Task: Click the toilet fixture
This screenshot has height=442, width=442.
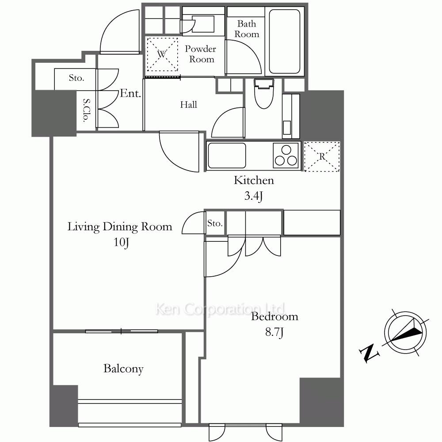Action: (264, 93)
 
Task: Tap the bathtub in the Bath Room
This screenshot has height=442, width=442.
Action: (284, 42)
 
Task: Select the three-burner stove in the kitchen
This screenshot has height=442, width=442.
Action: (286, 156)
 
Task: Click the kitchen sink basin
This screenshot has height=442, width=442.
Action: (227, 156)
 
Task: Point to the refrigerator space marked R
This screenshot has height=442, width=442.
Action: (322, 156)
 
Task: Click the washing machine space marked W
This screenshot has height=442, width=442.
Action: (162, 54)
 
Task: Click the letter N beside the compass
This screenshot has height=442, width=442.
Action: (369, 353)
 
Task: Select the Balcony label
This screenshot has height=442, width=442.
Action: (123, 369)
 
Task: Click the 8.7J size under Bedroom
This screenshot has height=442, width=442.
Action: (274, 332)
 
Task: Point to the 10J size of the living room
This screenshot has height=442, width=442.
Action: (121, 242)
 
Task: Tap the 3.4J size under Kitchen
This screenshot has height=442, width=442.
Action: (253, 196)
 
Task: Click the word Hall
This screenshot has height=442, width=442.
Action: (189, 105)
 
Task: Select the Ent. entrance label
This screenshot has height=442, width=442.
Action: (130, 93)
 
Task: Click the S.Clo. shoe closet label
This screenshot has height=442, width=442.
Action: (87, 110)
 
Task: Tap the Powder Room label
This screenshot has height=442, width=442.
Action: (201, 54)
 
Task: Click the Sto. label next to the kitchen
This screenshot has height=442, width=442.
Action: (215, 224)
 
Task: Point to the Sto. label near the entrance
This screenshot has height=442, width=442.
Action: (76, 78)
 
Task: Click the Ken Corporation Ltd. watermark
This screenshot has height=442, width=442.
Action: (221, 309)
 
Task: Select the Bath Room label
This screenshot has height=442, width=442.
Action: (247, 29)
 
